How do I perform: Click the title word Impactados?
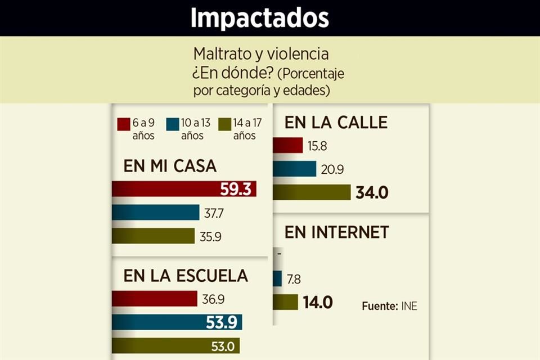(x=259, y=18)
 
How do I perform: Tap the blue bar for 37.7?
(x=155, y=212)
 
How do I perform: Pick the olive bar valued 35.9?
(x=153, y=236)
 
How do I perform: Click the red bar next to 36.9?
(x=154, y=299)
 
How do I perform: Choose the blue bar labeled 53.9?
(x=177, y=322)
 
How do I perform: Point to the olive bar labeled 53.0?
(x=175, y=345)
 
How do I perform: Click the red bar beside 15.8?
(x=288, y=146)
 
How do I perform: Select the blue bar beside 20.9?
(x=295, y=169)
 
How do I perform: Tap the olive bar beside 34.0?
(x=312, y=192)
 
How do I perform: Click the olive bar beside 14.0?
(x=286, y=302)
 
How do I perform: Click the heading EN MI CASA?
(x=170, y=166)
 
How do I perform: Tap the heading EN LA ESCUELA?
(x=186, y=276)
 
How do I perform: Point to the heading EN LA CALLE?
(x=336, y=122)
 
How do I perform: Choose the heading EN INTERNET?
(x=336, y=232)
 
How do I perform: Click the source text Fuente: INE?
(x=389, y=307)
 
